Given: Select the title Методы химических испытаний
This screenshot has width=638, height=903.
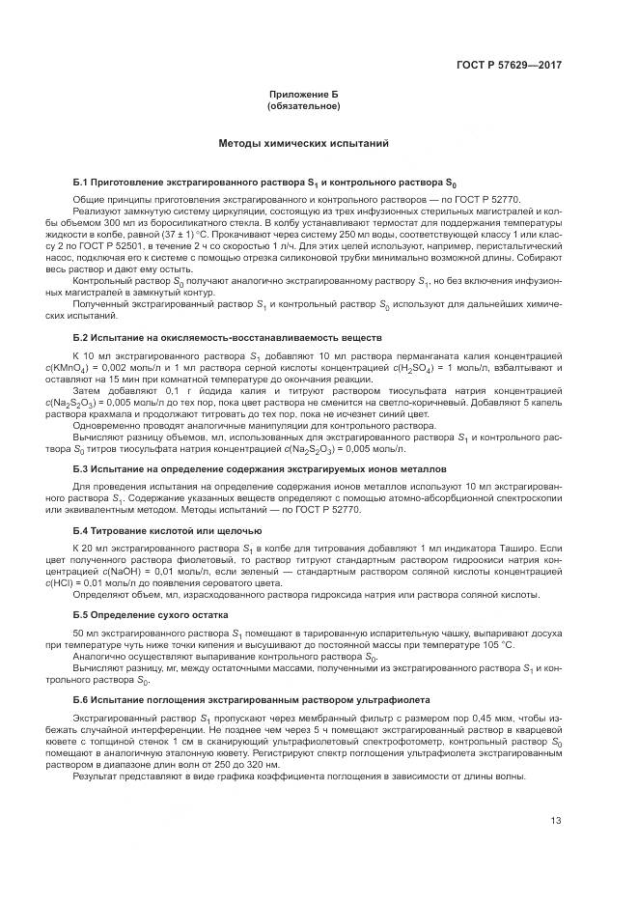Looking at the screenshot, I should point(304,144).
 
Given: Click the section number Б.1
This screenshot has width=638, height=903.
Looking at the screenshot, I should point(81,183).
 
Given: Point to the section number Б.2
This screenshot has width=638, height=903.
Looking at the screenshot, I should point(81,337).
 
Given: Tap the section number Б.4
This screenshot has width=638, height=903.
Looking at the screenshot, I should point(81,530).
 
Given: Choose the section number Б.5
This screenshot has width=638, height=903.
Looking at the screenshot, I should point(81,614).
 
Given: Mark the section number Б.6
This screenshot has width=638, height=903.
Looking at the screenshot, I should point(81,698).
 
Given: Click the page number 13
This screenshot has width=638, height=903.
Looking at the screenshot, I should point(556,821).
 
